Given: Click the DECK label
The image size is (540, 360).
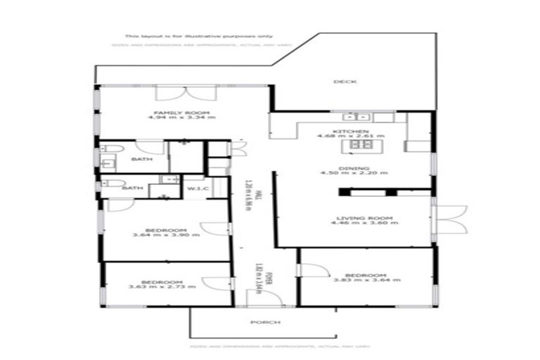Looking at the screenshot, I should click(x=345, y=82).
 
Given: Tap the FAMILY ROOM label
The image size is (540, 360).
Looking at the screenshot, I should click(x=172, y=112).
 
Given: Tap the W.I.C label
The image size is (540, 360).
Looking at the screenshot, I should click(x=195, y=188).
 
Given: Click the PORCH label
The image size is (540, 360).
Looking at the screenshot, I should click(x=266, y=322).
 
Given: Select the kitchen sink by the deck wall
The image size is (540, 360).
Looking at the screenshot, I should click(x=349, y=117).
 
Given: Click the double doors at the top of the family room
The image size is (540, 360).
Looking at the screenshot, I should click(x=173, y=94).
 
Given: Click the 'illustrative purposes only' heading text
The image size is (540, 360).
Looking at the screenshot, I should click(x=199, y=36).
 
